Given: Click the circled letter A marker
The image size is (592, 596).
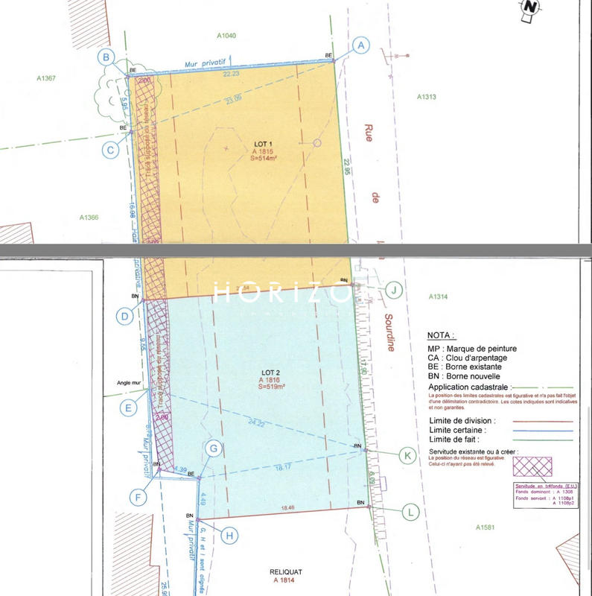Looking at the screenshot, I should coord(361,45).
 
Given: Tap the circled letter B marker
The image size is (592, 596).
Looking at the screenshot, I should coord(107,57).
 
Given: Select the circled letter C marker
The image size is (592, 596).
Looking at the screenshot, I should coord(109,150).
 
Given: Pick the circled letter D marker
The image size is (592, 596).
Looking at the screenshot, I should coord(125,316).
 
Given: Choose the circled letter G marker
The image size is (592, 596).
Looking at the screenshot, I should coord(214,448).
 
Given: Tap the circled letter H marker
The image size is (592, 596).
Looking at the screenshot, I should coord(231,534).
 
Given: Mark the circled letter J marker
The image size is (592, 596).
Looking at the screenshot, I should coord(394,290).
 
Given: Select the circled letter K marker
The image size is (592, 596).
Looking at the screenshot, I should coord(407,454).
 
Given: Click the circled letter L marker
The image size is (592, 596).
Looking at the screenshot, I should coord(410,512).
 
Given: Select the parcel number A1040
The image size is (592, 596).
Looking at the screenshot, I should coord(226,37).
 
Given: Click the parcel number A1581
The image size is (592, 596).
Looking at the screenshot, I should coord(486,527).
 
